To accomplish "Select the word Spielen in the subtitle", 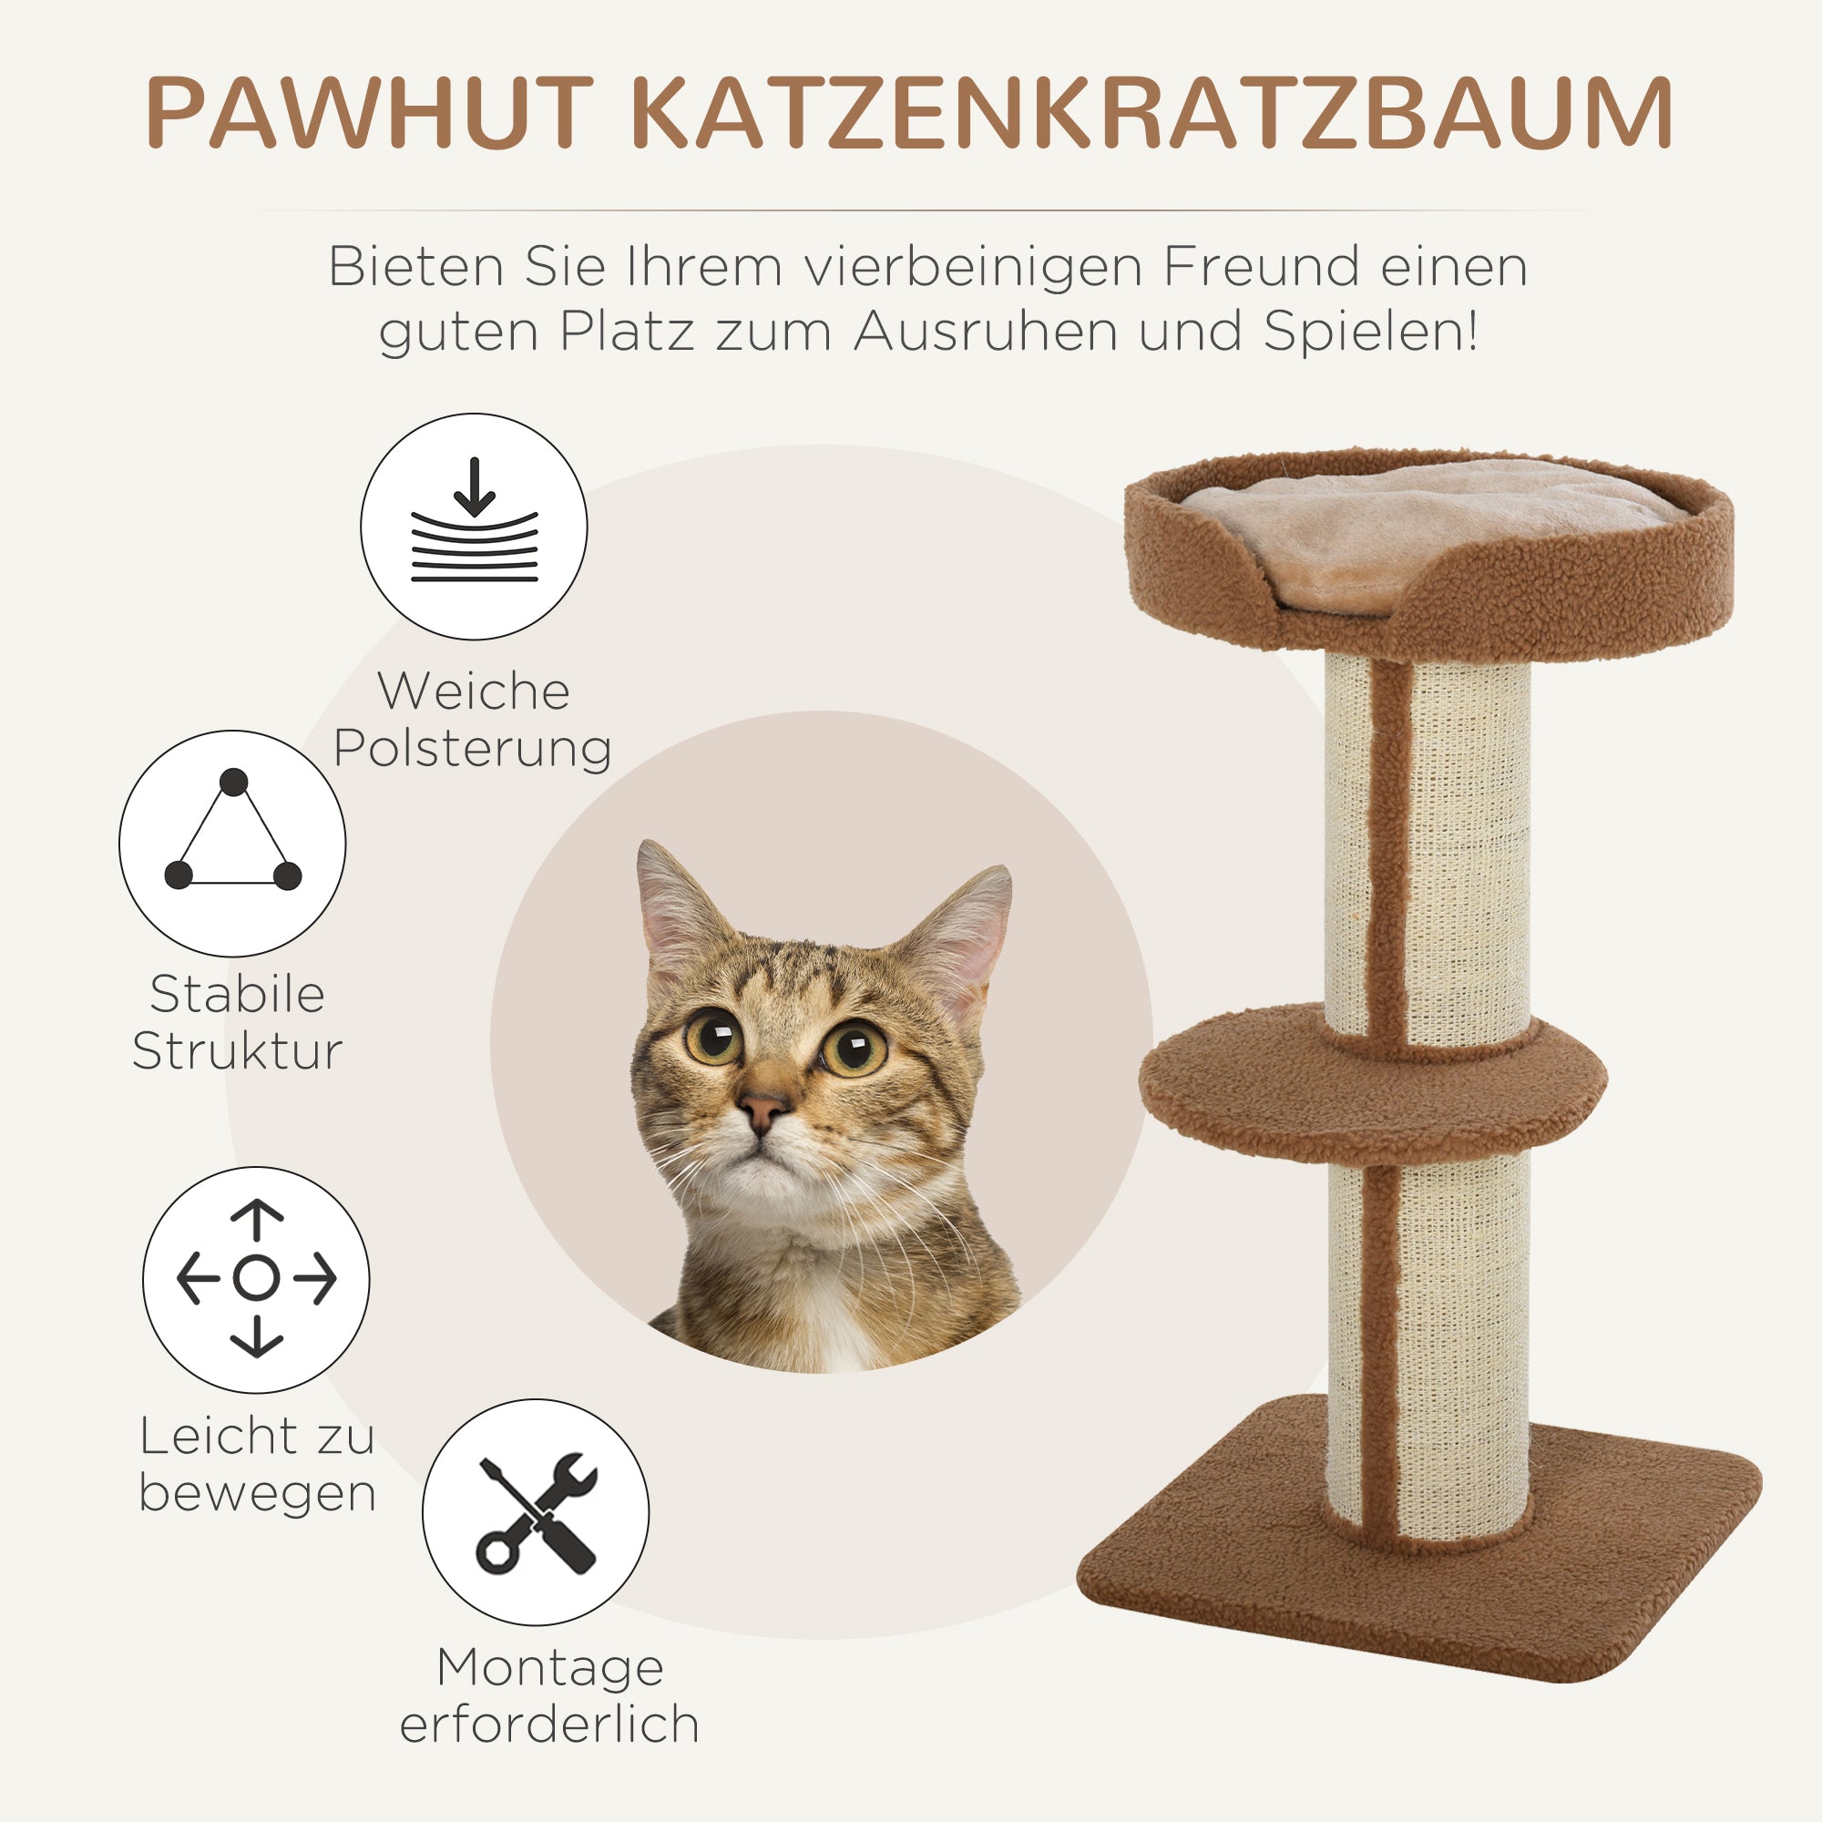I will pos(1369,332).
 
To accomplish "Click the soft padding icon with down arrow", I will pos(474,527).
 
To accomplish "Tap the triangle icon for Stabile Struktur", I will pos(232,843).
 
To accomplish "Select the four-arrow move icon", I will pos(256,1279).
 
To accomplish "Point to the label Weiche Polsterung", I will pos(474,721).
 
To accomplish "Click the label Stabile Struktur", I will pos(237,1022).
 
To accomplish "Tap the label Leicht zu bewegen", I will pos(257,1466).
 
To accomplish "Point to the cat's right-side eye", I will pos(855,1046).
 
